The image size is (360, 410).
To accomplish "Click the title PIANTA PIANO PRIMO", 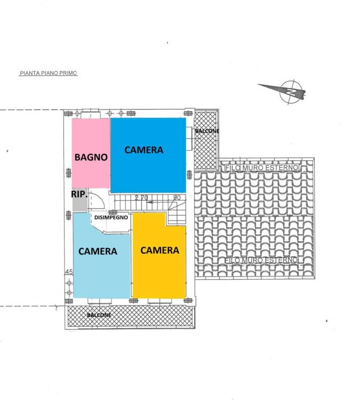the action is pyautogui.click(x=49, y=73).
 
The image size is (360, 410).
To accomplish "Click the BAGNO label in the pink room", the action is pyautogui.click(x=91, y=157).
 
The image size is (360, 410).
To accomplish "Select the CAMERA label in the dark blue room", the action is pyautogui.click(x=143, y=150).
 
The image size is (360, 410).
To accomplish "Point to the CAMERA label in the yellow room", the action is pyautogui.click(x=159, y=250).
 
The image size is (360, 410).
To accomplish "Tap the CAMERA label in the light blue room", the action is pyautogui.click(x=98, y=251).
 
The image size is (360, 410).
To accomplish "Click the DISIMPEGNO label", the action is pyautogui.click(x=111, y=217).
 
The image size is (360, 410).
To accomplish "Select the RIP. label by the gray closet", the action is pyautogui.click(x=79, y=194).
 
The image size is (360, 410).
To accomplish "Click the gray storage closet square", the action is pyautogui.click(x=79, y=200).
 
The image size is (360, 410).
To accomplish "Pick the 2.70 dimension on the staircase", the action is pyautogui.click(x=141, y=198).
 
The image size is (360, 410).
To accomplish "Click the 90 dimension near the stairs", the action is pyautogui.click(x=177, y=198).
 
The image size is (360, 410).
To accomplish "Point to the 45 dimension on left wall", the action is pyautogui.click(x=69, y=272).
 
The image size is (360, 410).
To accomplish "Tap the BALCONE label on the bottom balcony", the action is pyautogui.click(x=99, y=315).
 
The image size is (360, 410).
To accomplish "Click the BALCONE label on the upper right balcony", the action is pyautogui.click(x=207, y=131).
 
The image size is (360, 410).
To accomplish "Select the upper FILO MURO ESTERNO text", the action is pyautogui.click(x=261, y=168).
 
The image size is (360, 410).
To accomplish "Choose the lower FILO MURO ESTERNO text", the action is pyautogui.click(x=261, y=260).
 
